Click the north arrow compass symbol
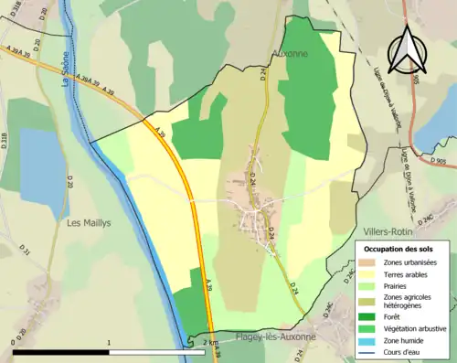click(408, 48)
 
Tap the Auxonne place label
click(291, 54)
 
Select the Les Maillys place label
click(89, 222)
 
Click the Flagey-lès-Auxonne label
click(276, 336)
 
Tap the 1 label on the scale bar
click(109, 344)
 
